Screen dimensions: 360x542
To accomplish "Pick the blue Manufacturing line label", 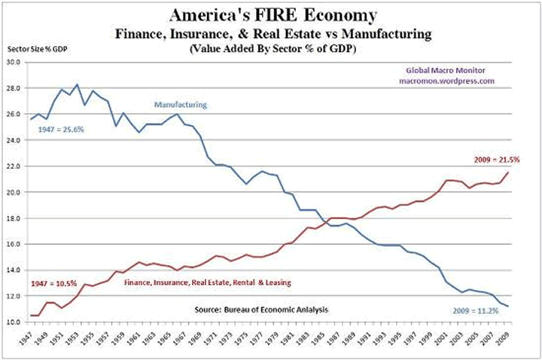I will click(181, 105).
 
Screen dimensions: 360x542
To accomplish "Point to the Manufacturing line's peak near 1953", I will click(77, 84).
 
